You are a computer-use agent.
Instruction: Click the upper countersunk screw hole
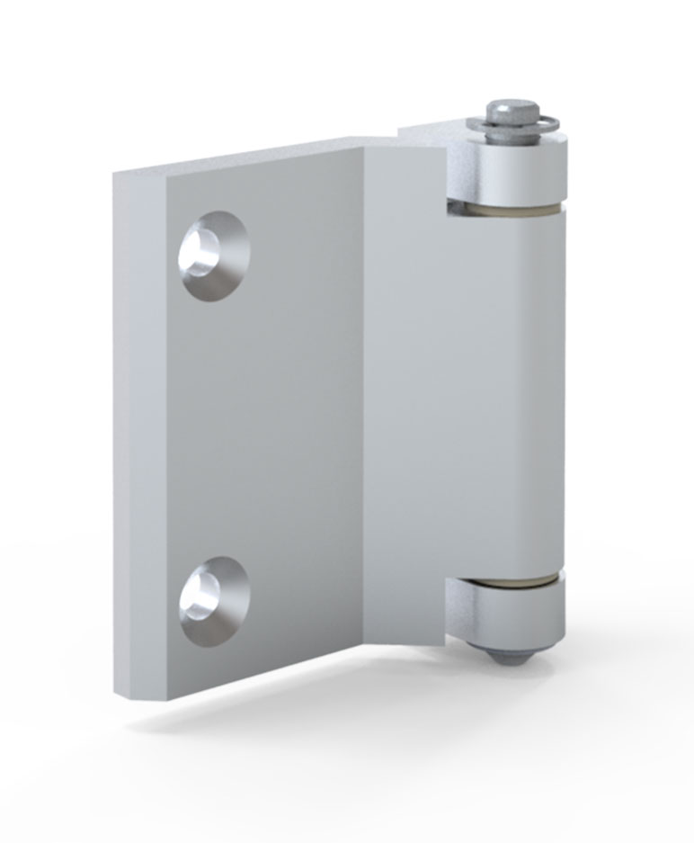215,256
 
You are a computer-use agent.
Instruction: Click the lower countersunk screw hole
213,601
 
